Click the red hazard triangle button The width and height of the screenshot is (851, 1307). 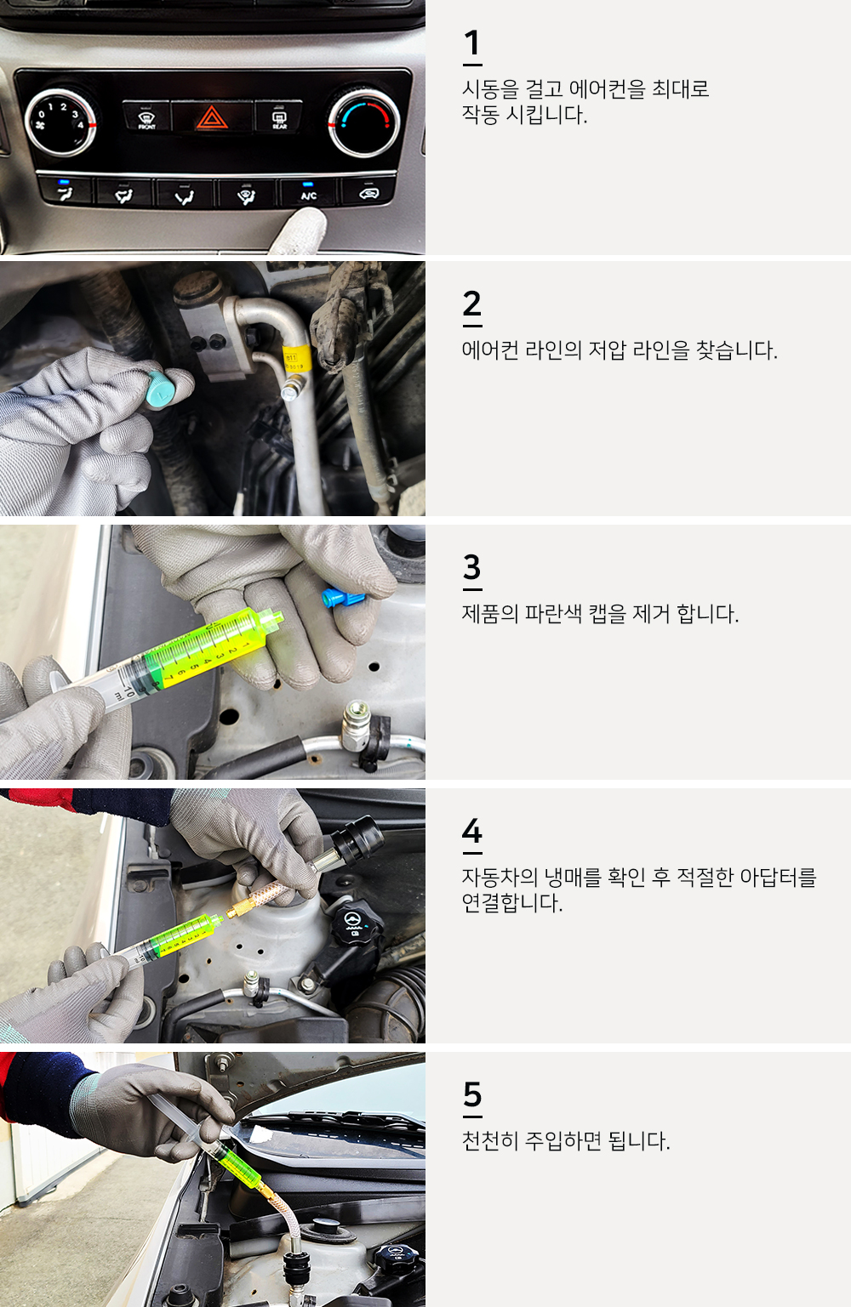click(212, 116)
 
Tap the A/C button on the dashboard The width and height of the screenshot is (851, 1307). click(308, 192)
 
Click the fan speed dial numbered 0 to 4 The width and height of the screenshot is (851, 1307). click(60, 122)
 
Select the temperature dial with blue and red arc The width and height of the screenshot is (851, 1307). click(364, 123)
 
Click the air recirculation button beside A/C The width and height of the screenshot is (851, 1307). click(368, 191)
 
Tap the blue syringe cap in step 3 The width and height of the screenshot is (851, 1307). click(340, 598)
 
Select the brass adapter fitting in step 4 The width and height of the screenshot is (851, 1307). click(258, 898)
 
